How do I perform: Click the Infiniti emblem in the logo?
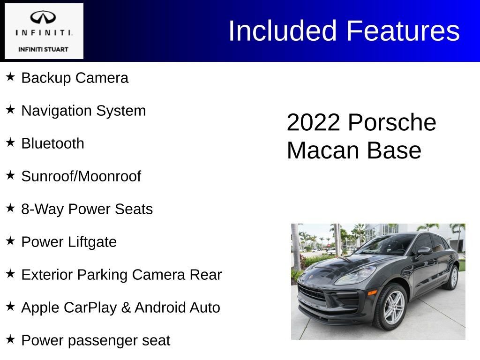pyautogui.click(x=43, y=17)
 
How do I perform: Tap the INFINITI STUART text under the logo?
pyautogui.click(x=43, y=49)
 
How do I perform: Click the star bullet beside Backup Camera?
pyautogui.click(x=10, y=77)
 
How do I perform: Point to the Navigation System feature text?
pyautogui.click(x=83, y=111)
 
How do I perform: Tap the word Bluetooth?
pyautogui.click(x=52, y=143)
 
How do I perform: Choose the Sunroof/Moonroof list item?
pyautogui.click(x=81, y=176)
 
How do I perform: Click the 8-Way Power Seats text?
pyautogui.click(x=87, y=209)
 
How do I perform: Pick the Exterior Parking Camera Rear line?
pyautogui.click(x=121, y=275)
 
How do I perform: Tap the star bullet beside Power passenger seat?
pyautogui.click(x=10, y=339)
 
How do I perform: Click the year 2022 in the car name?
pyautogui.click(x=313, y=123)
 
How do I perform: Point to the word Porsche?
pyautogui.click(x=392, y=123)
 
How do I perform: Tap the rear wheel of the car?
pyautogui.click(x=452, y=277)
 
